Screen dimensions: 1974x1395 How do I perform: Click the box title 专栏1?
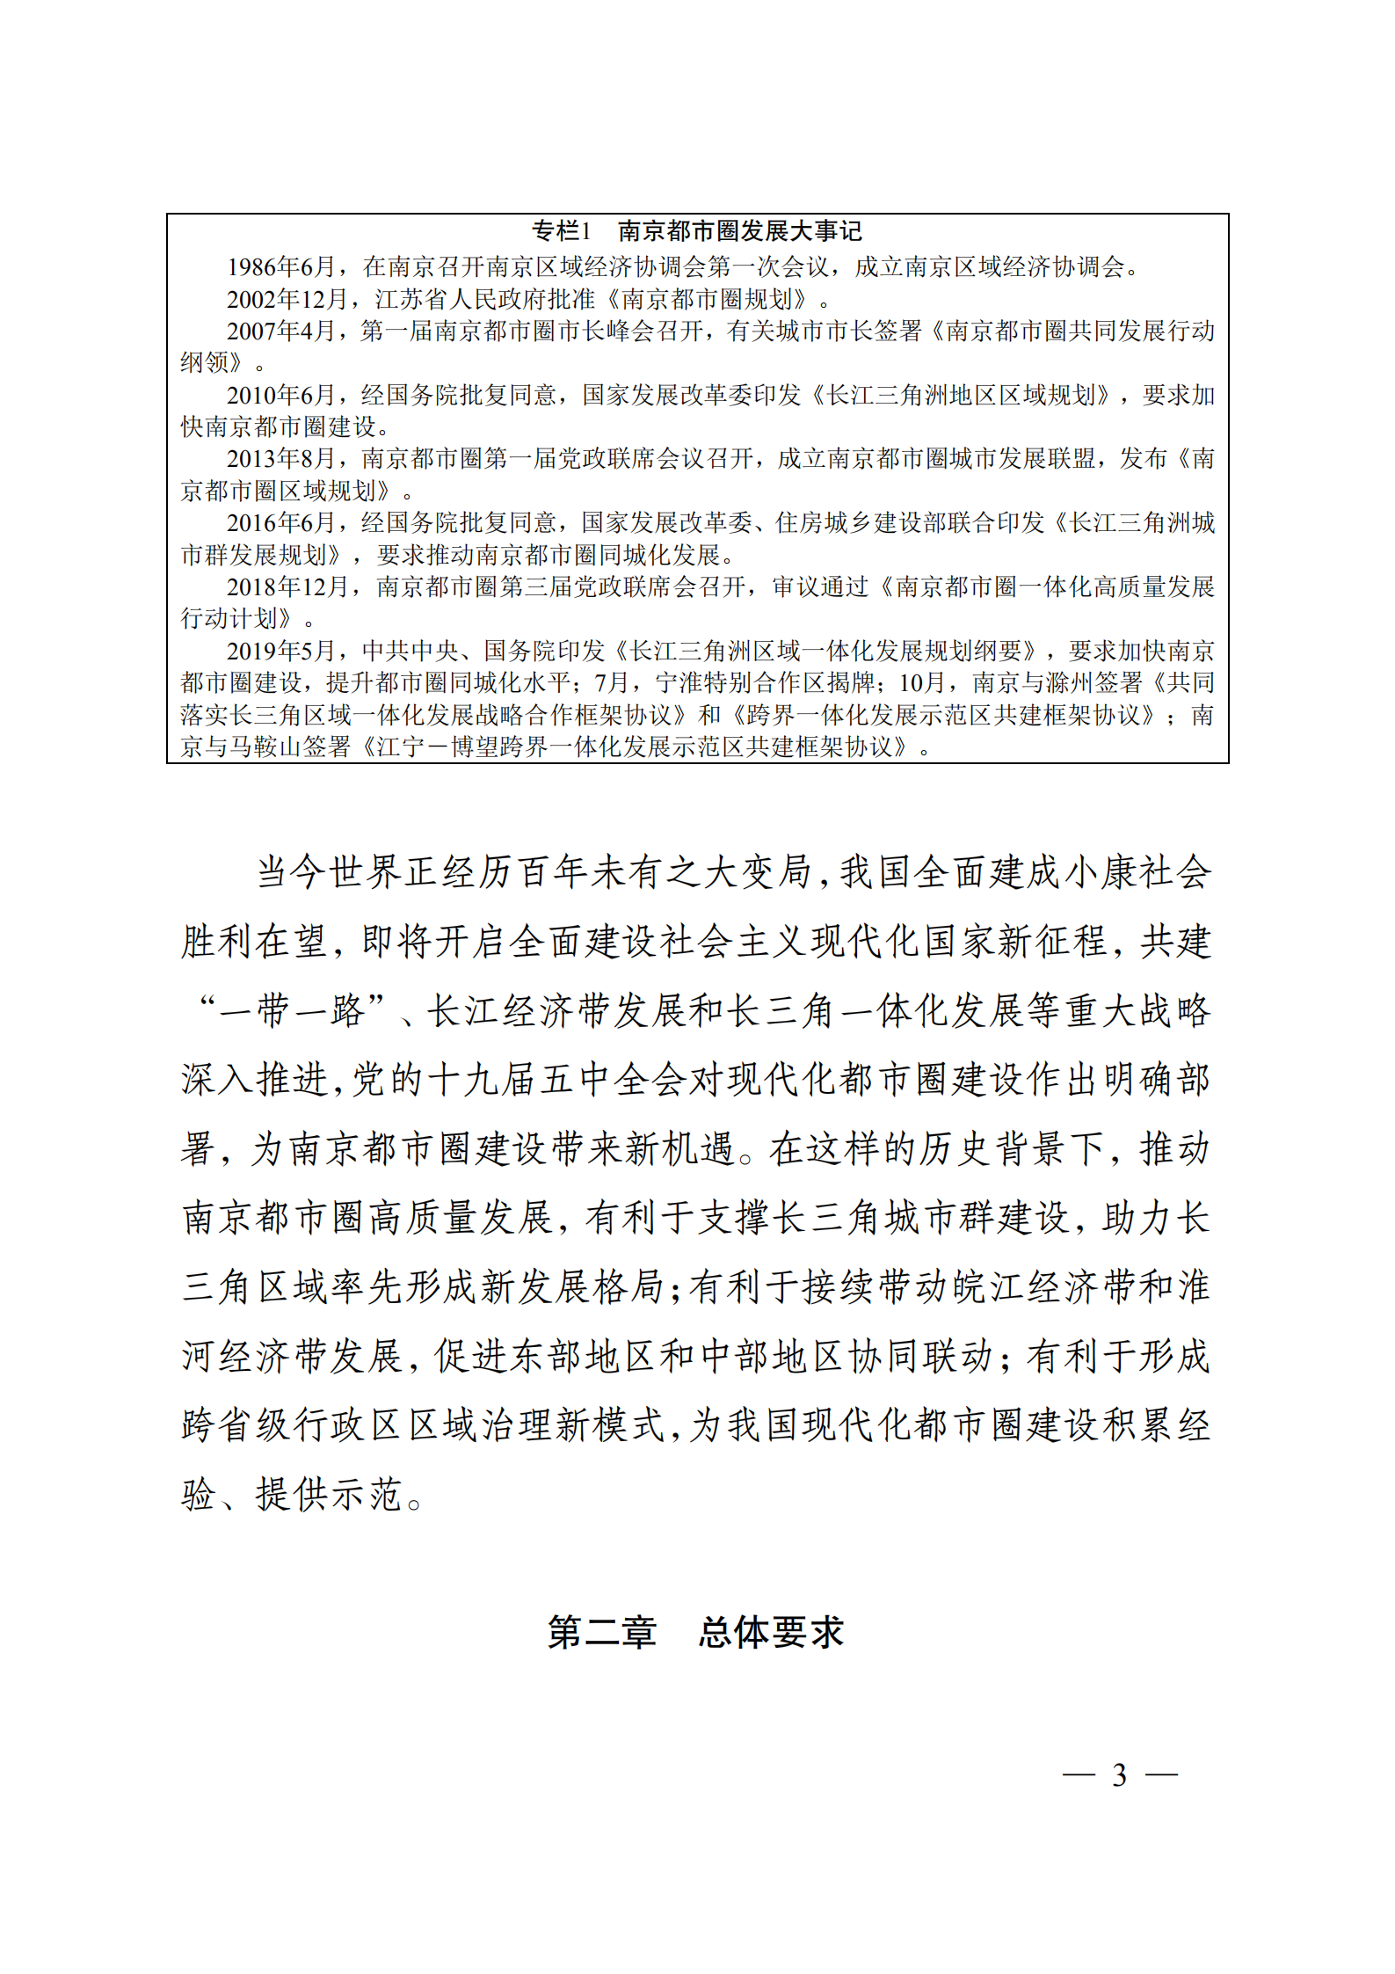561,231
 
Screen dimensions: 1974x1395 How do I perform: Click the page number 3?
1119,1775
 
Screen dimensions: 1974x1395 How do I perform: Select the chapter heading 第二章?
602,1632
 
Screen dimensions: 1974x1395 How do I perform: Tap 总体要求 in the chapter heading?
771,1632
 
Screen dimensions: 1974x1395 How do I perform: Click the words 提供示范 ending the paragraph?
329,1495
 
